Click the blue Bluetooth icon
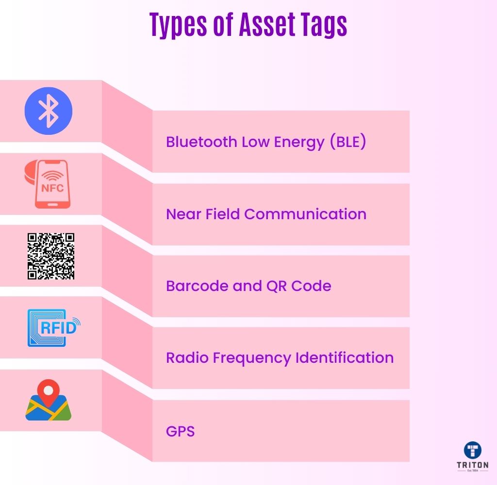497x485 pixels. click(49, 111)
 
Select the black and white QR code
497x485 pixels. click(50, 256)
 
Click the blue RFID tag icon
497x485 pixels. click(53, 327)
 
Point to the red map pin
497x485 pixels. click(48, 392)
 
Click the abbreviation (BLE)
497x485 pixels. click(348, 141)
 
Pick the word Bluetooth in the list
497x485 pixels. click(201, 142)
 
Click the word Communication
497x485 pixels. click(305, 214)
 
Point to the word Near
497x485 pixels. click(183, 214)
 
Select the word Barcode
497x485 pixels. click(197, 286)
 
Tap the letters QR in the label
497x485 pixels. click(277, 286)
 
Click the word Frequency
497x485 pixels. click(252, 358)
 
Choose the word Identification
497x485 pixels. click(345, 357)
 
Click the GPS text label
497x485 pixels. click(181, 431)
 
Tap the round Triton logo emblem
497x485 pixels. click(473, 450)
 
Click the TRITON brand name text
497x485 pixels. click(473, 465)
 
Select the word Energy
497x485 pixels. click(299, 142)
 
